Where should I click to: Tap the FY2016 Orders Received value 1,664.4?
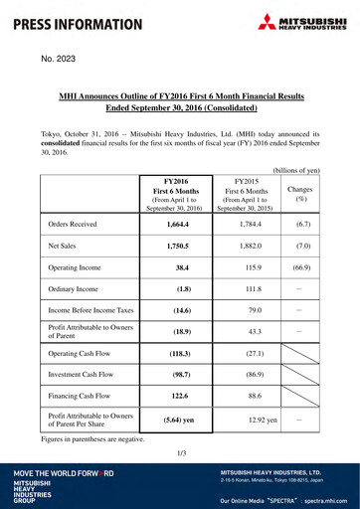click(178, 226)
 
